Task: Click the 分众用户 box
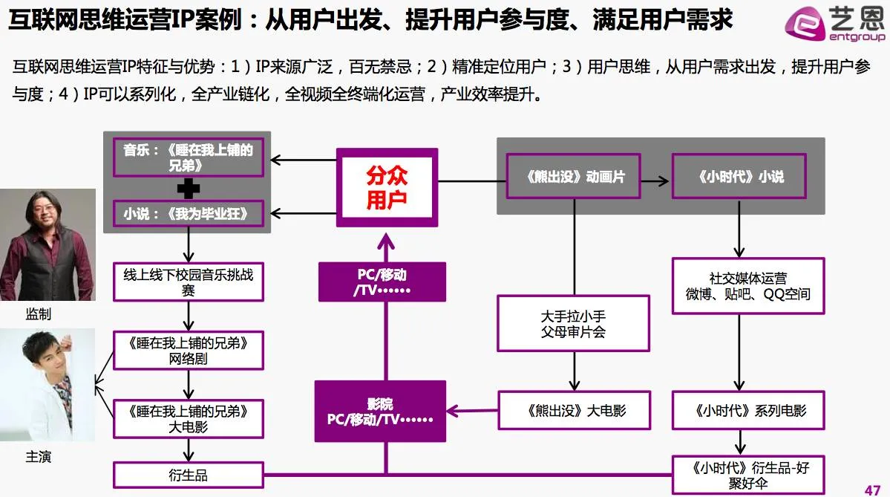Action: tap(387, 186)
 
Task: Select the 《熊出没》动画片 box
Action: tap(574, 177)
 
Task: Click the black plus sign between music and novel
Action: tap(188, 189)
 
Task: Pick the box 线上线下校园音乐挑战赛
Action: tap(189, 282)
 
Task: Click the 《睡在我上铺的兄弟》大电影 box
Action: tap(189, 418)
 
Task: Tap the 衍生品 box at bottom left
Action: tap(189, 475)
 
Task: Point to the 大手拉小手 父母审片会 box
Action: tap(573, 323)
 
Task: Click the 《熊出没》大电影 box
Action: tap(573, 410)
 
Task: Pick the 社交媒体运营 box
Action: tap(747, 286)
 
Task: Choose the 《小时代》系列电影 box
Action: tap(748, 410)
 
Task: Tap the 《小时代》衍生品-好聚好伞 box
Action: tap(748, 475)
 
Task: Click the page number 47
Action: tap(873, 489)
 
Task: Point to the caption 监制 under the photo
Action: tap(39, 315)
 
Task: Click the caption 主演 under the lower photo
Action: tap(39, 457)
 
